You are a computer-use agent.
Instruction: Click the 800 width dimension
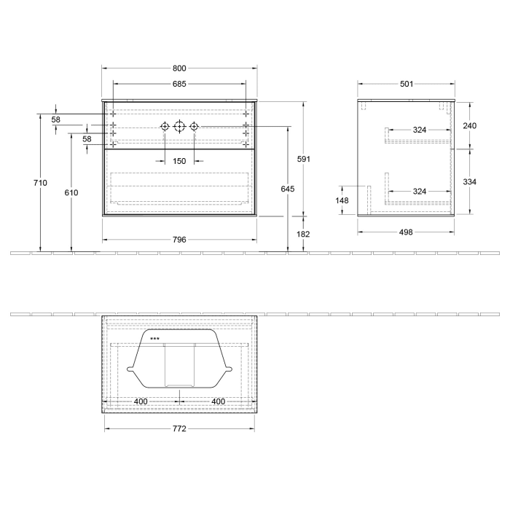[x=178, y=68]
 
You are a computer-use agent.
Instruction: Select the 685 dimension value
[x=178, y=84]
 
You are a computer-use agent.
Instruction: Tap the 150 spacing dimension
[x=178, y=161]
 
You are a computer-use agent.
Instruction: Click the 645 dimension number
[x=287, y=189]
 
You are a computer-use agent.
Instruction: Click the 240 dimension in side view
[x=469, y=125]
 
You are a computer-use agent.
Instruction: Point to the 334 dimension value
[x=469, y=182]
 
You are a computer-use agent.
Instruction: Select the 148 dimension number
[x=342, y=200]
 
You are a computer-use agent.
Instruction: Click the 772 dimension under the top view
[x=178, y=428]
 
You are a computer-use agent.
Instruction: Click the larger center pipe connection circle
[x=180, y=127]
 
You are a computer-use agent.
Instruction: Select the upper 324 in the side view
[x=419, y=130]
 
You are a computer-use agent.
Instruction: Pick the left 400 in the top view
[x=141, y=401]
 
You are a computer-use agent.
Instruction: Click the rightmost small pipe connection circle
[x=195, y=127]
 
